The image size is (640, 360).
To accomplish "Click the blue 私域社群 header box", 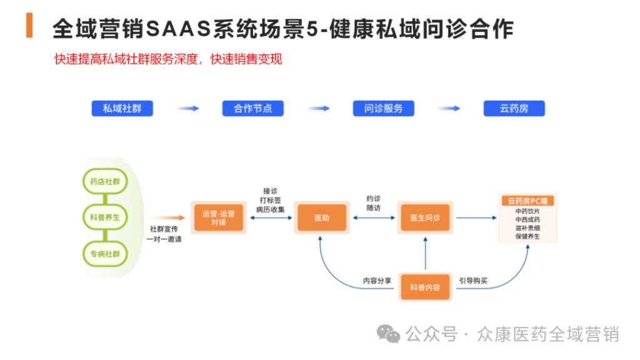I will pyautogui.click(x=122, y=108).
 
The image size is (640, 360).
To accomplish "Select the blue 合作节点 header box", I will pyautogui.click(x=253, y=108).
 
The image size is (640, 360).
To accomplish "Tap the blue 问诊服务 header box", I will pyautogui.click(x=384, y=108).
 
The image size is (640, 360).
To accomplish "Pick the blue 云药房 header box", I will pyautogui.click(x=514, y=108).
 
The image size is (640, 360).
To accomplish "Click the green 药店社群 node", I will pyautogui.click(x=105, y=182).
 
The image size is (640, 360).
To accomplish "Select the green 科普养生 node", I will pyautogui.click(x=105, y=218).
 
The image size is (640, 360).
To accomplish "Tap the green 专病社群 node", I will pyautogui.click(x=105, y=254).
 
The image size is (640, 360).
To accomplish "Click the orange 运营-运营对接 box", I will pyautogui.click(x=218, y=217).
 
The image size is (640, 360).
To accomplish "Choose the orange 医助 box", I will pyautogui.click(x=321, y=218).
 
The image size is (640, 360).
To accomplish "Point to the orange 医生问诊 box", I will pyautogui.click(x=425, y=218).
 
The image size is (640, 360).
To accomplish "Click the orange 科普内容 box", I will pyautogui.click(x=425, y=287).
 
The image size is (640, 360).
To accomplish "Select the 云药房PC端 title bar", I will pyautogui.click(x=527, y=201).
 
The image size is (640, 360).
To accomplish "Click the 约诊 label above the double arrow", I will pyautogui.click(x=374, y=199).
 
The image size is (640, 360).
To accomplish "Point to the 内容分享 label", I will pyautogui.click(x=377, y=281).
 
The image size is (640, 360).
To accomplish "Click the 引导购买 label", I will pyautogui.click(x=473, y=281).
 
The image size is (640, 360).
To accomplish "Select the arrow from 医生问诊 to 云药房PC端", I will pyautogui.click(x=475, y=218).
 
